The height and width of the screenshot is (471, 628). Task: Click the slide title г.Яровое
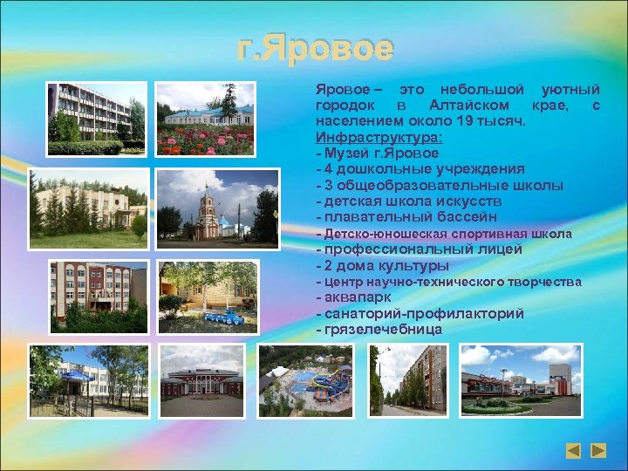coord(315,49)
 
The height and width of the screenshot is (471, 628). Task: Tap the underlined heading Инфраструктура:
coord(379,138)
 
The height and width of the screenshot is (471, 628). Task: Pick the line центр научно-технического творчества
coord(448,283)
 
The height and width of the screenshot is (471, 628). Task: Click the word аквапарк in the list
coord(354,297)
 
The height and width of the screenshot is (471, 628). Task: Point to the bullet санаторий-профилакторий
coord(420,313)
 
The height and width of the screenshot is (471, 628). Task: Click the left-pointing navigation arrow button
coord(572,451)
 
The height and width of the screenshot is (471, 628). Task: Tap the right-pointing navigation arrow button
coord(597,451)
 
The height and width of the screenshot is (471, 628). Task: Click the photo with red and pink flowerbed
coord(205,119)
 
